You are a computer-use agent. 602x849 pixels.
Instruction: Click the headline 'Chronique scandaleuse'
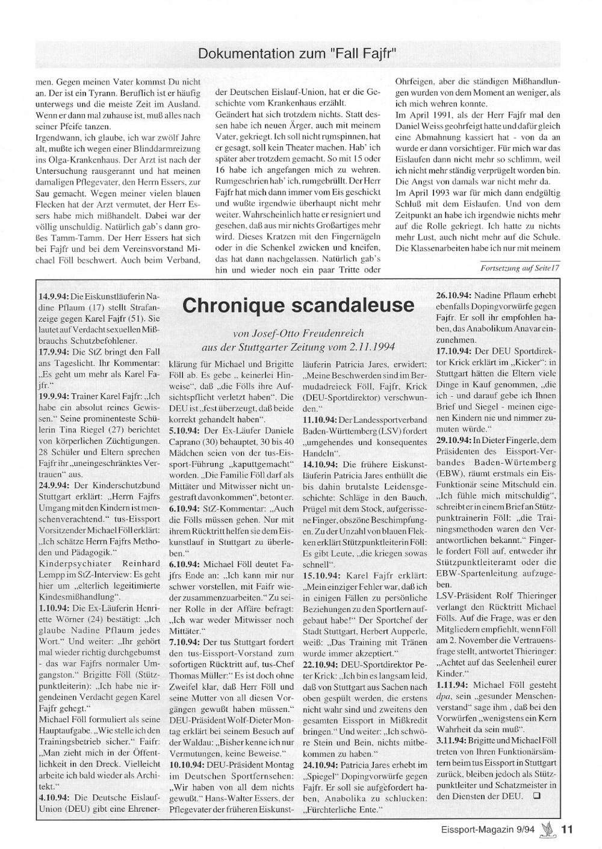pos(298,305)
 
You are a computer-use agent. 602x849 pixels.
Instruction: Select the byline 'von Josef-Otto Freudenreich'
pos(298,333)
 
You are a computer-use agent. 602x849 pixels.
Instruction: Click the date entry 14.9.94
pos(54,296)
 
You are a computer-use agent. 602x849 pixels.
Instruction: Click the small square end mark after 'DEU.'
pos(536,796)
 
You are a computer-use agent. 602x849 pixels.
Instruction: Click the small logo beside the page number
pos(549,829)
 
